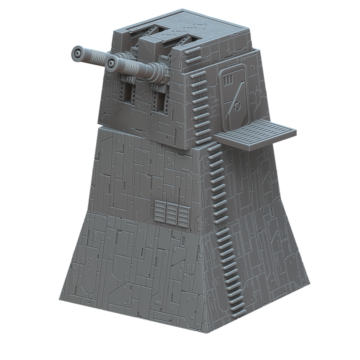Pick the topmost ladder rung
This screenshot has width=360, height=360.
192,51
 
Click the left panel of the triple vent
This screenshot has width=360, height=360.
160,212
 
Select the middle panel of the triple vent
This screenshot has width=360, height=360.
171,213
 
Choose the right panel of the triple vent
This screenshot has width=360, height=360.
183,214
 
